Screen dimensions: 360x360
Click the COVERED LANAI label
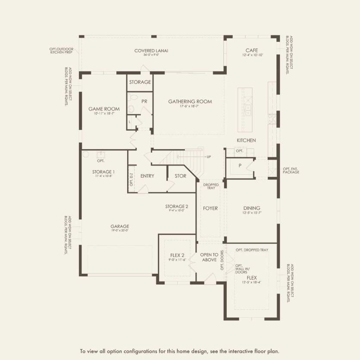click(151, 51)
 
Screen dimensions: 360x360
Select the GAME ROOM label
click(104, 109)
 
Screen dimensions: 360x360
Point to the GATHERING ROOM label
click(190, 102)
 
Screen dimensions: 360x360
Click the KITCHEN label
click(246, 141)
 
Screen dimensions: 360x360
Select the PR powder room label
click(144, 101)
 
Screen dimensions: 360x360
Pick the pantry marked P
click(239, 166)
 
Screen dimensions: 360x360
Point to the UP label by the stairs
click(209, 157)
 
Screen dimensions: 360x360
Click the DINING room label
click(252, 208)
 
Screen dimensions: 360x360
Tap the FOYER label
click(210, 209)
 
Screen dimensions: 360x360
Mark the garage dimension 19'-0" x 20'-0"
click(119, 231)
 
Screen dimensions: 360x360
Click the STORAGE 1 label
click(103, 172)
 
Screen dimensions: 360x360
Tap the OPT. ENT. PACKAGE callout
click(291, 170)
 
